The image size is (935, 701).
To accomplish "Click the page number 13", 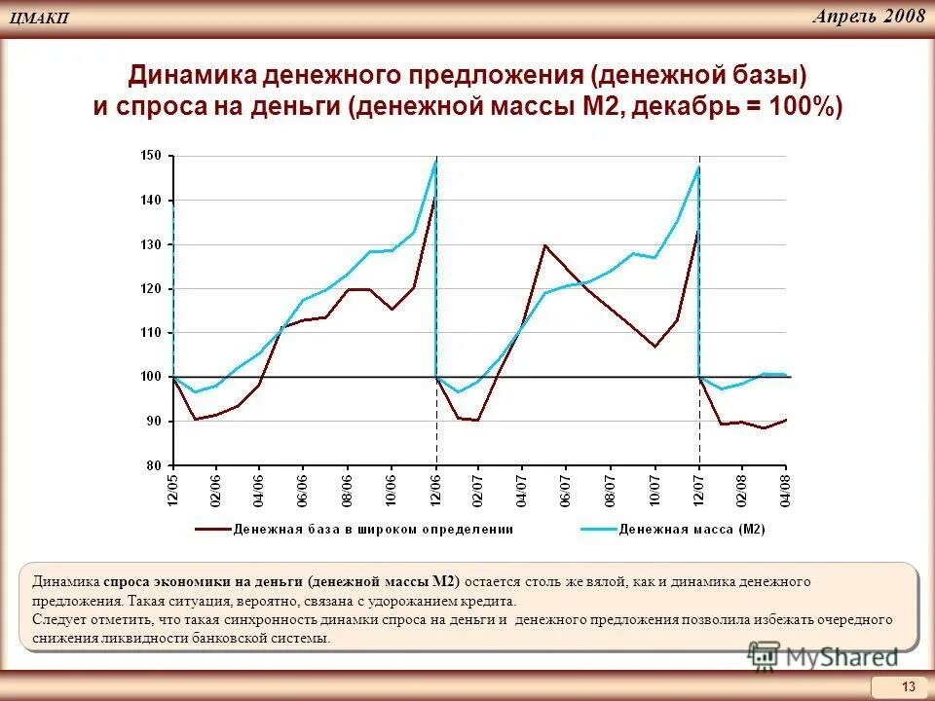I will point(909,687).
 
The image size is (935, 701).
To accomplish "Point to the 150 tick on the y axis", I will point(151,156).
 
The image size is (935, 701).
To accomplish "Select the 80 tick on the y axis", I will point(155,465).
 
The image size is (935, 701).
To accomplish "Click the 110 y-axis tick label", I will point(151,333).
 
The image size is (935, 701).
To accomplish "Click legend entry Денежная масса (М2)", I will point(692,530).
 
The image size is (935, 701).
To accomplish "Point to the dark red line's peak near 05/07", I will point(544,245).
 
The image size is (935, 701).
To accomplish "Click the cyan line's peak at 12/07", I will point(698,166).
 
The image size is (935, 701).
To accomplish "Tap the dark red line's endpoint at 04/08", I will point(785,420).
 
